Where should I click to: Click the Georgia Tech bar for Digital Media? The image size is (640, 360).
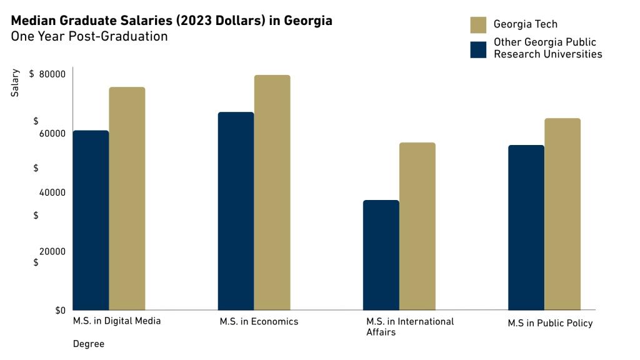pyautogui.click(x=127, y=198)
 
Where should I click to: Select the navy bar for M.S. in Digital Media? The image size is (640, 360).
pyautogui.click(x=91, y=220)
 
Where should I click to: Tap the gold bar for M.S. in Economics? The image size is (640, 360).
pyautogui.click(x=272, y=192)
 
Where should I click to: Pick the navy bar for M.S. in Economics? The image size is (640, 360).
pyautogui.click(x=236, y=211)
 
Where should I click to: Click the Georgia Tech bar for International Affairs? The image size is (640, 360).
pyautogui.click(x=417, y=226)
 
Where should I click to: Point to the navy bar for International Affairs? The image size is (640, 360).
pyautogui.click(x=381, y=255)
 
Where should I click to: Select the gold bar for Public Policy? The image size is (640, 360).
pyautogui.click(x=562, y=214)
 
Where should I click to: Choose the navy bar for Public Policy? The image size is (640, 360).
pyautogui.click(x=526, y=227)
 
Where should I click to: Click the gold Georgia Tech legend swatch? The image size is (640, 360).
pyautogui.click(x=478, y=25)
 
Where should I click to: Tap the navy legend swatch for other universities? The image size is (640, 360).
pyautogui.click(x=478, y=49)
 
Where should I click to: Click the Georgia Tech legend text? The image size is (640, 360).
pyautogui.click(x=525, y=24)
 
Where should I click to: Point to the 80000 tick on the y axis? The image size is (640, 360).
pyautogui.click(x=52, y=74)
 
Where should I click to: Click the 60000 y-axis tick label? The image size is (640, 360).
pyautogui.click(x=52, y=134)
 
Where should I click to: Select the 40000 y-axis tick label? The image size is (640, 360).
pyautogui.click(x=52, y=192)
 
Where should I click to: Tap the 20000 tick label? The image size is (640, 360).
pyautogui.click(x=52, y=251)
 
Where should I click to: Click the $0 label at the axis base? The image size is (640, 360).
pyautogui.click(x=60, y=311)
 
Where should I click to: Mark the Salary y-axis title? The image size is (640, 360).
pyautogui.click(x=15, y=82)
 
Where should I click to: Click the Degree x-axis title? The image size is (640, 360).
pyautogui.click(x=89, y=344)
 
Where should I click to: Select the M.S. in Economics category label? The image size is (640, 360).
pyautogui.click(x=259, y=322)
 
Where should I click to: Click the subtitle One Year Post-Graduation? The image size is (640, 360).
pyautogui.click(x=89, y=36)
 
